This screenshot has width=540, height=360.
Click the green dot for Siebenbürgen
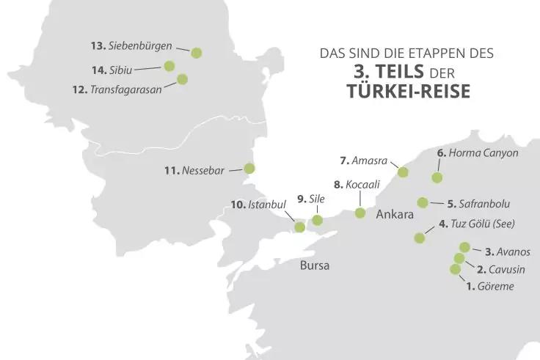(196, 53)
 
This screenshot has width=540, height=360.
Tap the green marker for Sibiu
(169, 66)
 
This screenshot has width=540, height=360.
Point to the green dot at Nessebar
(249, 168)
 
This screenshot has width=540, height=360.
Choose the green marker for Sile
(317, 220)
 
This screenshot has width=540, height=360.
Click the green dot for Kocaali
(360, 213)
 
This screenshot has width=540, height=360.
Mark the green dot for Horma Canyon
(437, 177)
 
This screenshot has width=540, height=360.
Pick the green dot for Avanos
(464, 247)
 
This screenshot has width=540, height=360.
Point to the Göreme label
(489, 287)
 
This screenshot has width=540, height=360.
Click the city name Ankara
(395, 216)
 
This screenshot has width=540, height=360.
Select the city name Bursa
(315, 265)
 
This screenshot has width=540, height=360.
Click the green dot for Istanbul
(299, 227)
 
